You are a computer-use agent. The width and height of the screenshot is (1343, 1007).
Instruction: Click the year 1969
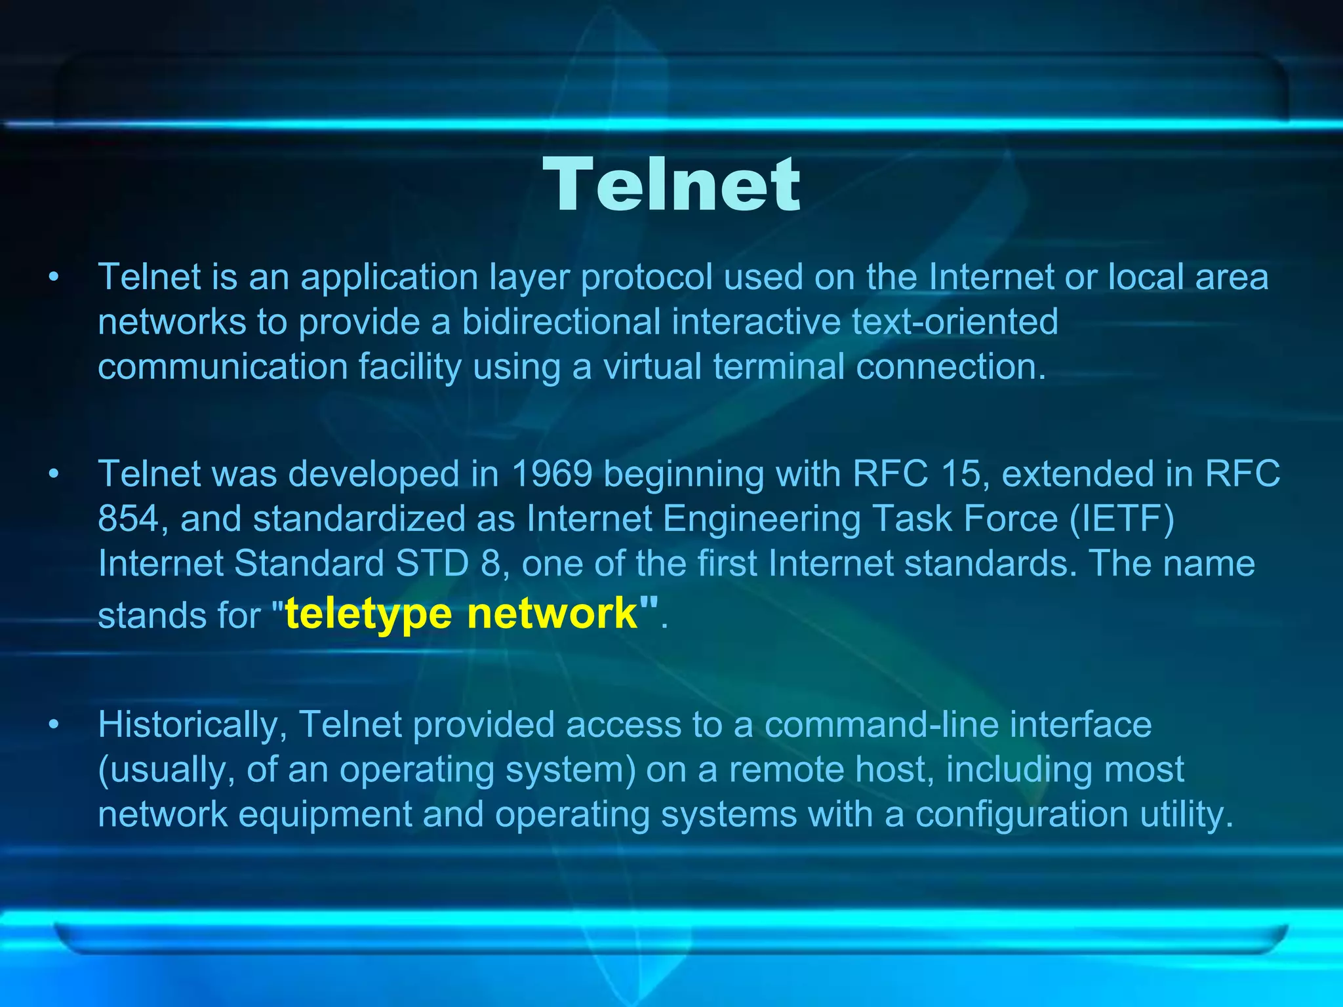click(551, 473)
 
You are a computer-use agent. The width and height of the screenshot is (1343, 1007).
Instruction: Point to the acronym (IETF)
click(1122, 519)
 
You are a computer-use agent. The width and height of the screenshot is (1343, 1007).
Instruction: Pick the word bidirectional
click(561, 321)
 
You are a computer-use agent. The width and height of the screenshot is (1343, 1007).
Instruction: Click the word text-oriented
click(955, 321)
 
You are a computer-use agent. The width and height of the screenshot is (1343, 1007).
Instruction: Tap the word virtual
click(652, 366)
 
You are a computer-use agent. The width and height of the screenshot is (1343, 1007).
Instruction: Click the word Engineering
click(761, 519)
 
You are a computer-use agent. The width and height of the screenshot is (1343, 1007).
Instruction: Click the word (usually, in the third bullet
click(167, 770)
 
